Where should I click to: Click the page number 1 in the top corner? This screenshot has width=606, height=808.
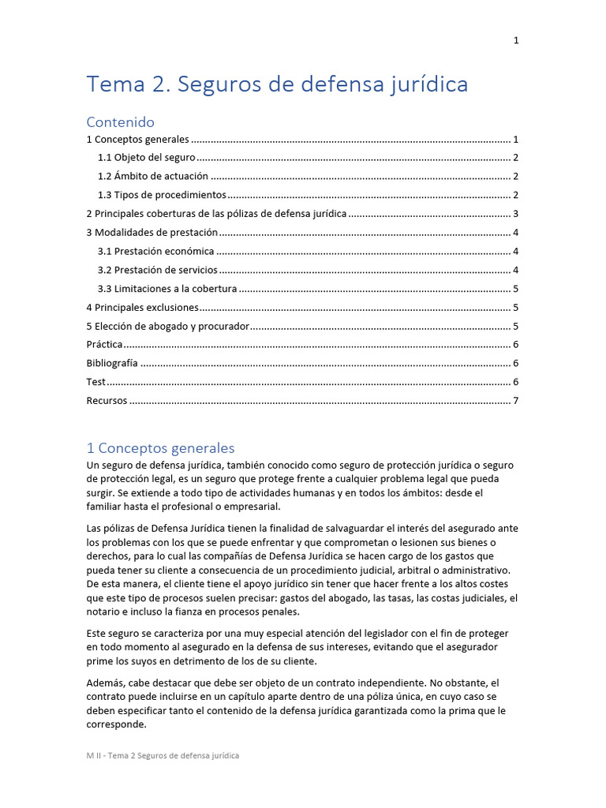[516, 41]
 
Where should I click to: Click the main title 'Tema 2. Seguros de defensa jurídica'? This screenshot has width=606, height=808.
[277, 84]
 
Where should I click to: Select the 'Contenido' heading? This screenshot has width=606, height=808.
[120, 122]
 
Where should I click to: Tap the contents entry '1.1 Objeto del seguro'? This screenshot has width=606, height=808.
[146, 157]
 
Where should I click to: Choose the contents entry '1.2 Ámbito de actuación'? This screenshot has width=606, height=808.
[153, 176]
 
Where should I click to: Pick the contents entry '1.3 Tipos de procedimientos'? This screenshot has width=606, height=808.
[162, 195]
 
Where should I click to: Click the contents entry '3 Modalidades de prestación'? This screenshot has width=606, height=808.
[151, 233]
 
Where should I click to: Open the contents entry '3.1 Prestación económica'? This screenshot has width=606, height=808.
[155, 252]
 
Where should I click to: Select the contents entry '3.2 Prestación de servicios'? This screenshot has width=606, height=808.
[158, 271]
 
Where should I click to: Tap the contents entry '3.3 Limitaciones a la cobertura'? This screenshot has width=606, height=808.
[167, 290]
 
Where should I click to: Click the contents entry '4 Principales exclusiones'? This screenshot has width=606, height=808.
[142, 309]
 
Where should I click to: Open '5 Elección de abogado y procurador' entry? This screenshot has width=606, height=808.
[167, 327]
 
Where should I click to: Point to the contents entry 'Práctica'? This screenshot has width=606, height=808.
[104, 345]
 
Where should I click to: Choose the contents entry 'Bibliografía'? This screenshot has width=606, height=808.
[111, 364]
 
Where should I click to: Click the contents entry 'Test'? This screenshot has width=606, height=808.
[95, 383]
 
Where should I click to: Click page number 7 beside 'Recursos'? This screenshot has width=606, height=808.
[515, 402]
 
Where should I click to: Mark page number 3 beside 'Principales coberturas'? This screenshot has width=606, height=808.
[515, 214]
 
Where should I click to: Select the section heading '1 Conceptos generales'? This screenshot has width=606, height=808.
[160, 448]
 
